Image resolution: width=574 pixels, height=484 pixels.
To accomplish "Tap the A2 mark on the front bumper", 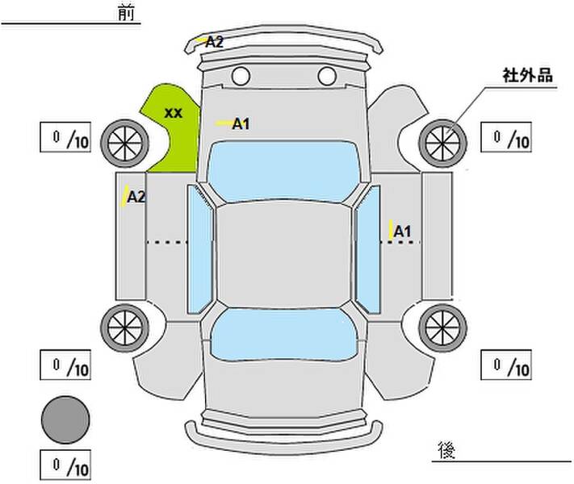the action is (x=214, y=42).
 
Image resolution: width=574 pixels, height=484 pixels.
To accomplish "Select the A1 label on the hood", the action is (x=241, y=124).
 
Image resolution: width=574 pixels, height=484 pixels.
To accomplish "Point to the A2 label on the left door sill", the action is (x=136, y=197).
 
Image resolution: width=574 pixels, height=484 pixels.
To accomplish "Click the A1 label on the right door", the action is (x=402, y=232).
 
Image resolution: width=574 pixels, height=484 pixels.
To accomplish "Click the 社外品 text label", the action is (x=527, y=75).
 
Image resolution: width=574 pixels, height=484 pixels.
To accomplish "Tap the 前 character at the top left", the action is (x=126, y=13).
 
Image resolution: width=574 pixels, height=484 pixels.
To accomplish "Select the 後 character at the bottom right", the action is (x=446, y=450).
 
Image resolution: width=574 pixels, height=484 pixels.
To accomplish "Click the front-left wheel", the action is (x=125, y=144).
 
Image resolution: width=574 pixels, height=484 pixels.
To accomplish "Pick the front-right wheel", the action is (x=442, y=144).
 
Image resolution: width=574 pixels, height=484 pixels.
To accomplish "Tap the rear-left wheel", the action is (x=125, y=328).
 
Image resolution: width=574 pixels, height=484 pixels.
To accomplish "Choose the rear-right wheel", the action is (x=442, y=328).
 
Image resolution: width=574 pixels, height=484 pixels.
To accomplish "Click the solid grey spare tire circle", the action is (x=65, y=420).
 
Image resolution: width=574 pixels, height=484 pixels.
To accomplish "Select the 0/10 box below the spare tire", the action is (x=65, y=465).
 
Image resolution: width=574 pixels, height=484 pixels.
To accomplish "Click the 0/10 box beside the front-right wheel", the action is (x=506, y=137).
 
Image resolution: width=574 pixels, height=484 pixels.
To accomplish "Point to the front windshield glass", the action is (x=283, y=171).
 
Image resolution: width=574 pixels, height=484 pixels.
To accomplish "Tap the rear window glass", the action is (x=283, y=335).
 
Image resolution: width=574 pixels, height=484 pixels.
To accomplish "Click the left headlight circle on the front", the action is (x=241, y=76).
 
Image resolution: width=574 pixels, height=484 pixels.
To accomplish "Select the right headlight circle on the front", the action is (x=327, y=76).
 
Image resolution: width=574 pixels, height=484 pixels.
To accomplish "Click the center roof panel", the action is (x=283, y=255).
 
